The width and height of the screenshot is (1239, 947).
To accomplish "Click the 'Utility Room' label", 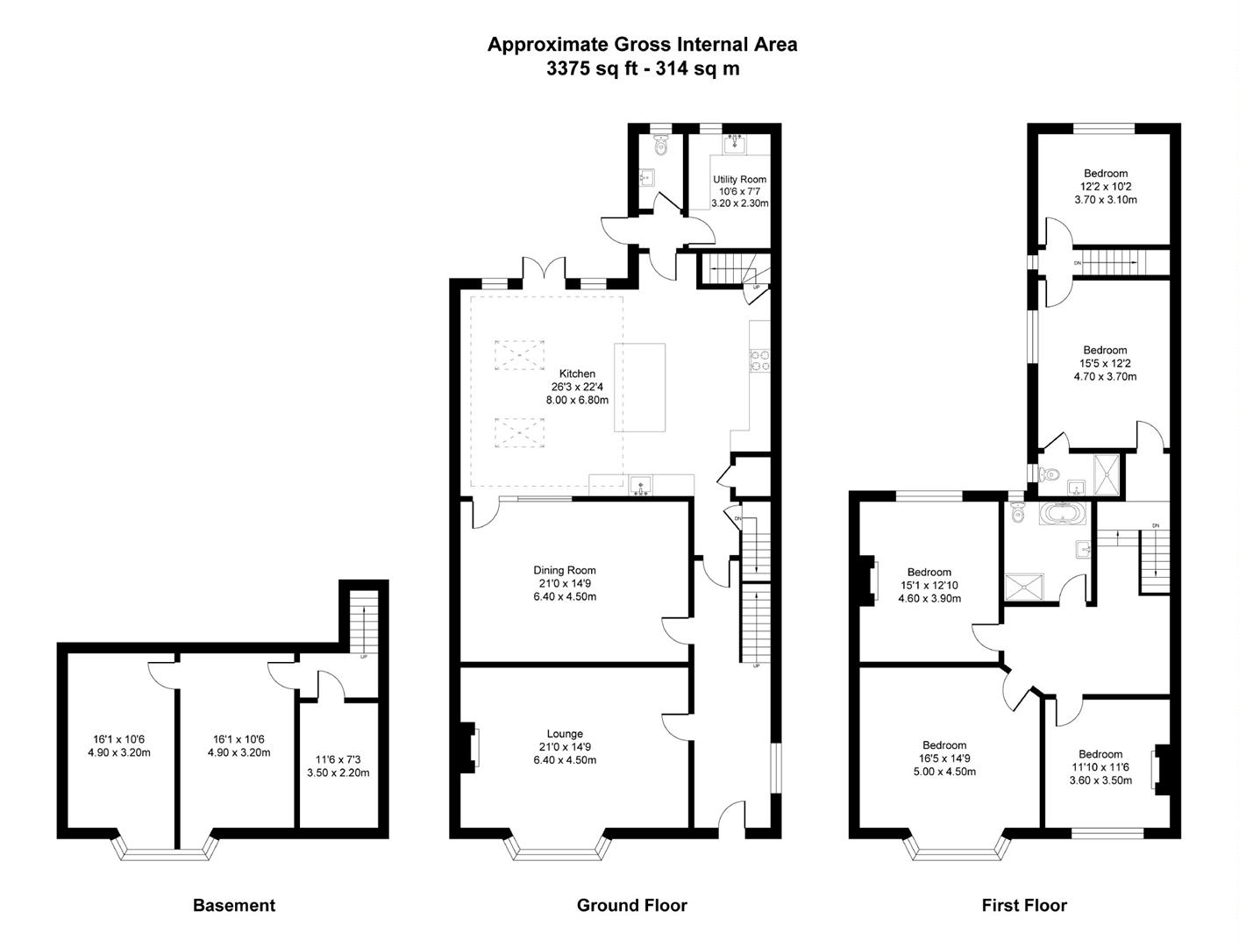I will (x=739, y=180).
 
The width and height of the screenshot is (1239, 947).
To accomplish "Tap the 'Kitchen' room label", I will (x=577, y=374).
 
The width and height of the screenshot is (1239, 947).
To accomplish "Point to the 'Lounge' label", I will (x=565, y=734).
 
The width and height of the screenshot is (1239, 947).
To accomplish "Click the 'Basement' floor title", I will (x=233, y=905).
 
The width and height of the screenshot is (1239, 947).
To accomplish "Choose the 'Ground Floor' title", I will (x=631, y=905).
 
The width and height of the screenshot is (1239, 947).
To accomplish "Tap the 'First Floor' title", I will (x=1023, y=905).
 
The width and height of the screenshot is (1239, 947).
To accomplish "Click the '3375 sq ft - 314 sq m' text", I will (x=642, y=68).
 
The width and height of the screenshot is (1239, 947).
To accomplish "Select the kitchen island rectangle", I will (x=639, y=388).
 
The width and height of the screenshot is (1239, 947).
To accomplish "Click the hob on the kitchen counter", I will (x=758, y=360).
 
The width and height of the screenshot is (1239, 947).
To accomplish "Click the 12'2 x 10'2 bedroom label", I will (x=1105, y=187).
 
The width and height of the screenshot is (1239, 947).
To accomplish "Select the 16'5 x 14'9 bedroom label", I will (x=943, y=758).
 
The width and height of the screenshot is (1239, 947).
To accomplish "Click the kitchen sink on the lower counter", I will (x=641, y=484).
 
